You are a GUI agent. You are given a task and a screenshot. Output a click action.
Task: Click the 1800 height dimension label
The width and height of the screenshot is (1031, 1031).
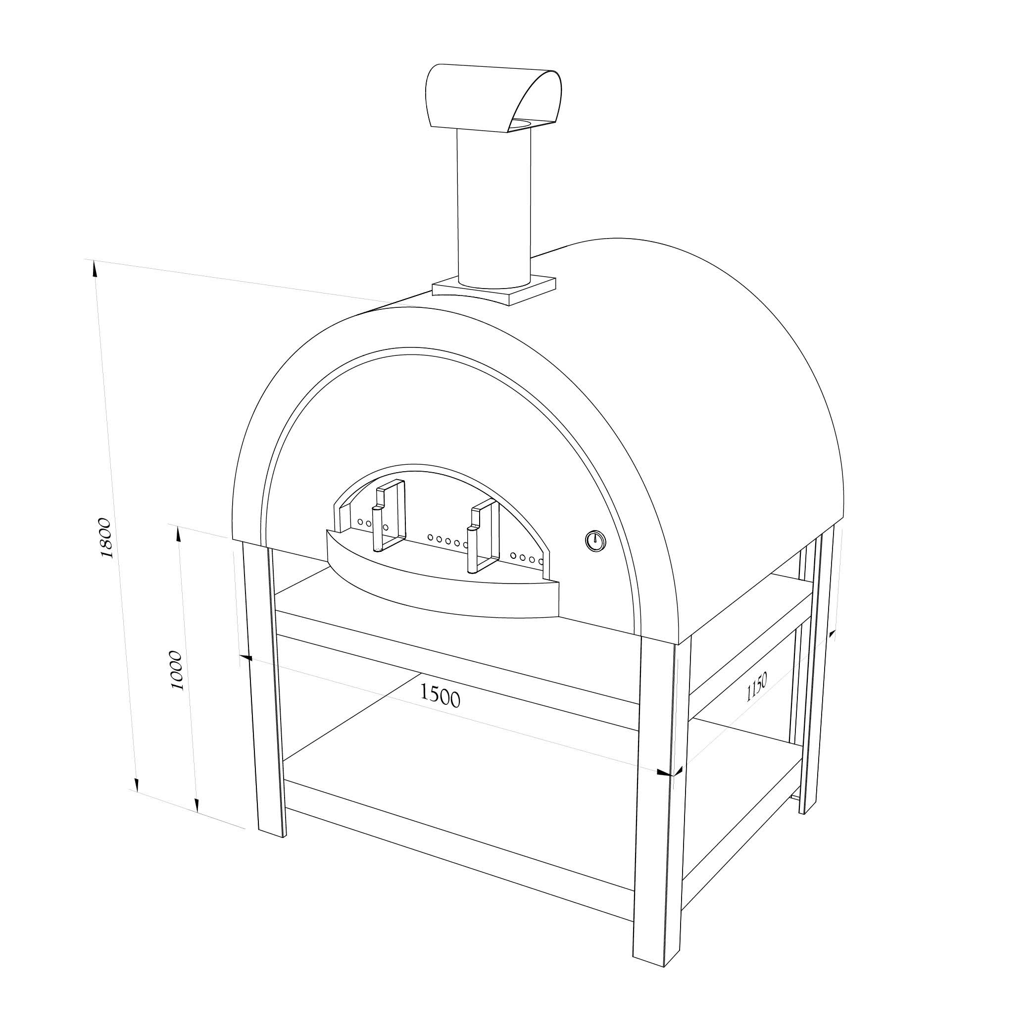105,538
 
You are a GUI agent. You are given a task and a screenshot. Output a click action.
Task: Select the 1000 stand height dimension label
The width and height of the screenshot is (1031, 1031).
176,670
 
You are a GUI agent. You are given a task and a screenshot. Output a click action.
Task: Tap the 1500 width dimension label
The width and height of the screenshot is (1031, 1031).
439,695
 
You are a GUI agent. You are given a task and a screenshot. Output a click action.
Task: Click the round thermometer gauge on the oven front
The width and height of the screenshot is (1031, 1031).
595,541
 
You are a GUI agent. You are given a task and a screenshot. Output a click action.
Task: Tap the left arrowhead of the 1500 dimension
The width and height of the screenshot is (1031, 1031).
246,658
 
